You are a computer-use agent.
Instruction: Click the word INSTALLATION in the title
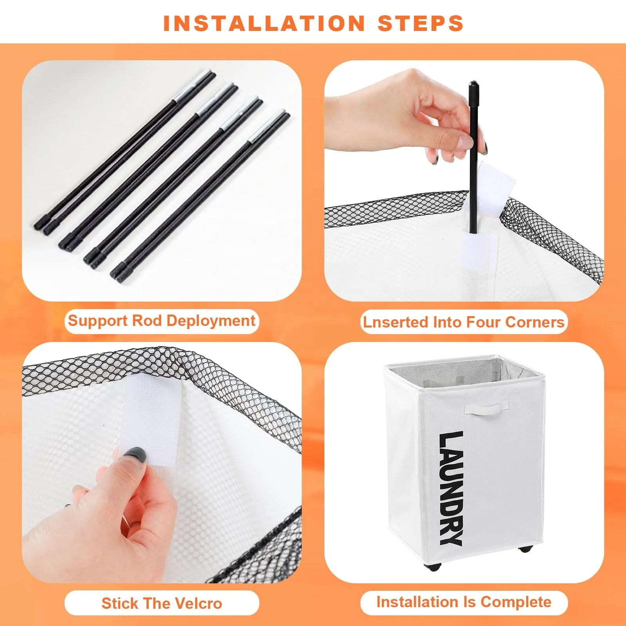pyautogui.click(x=264, y=23)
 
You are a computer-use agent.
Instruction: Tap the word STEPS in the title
pyautogui.click(x=421, y=23)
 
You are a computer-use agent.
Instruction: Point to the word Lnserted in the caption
pyautogui.click(x=396, y=322)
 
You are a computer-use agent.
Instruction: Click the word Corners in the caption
pyautogui.click(x=535, y=322)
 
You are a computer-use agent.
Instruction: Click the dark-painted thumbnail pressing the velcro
pyautogui.click(x=135, y=455)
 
